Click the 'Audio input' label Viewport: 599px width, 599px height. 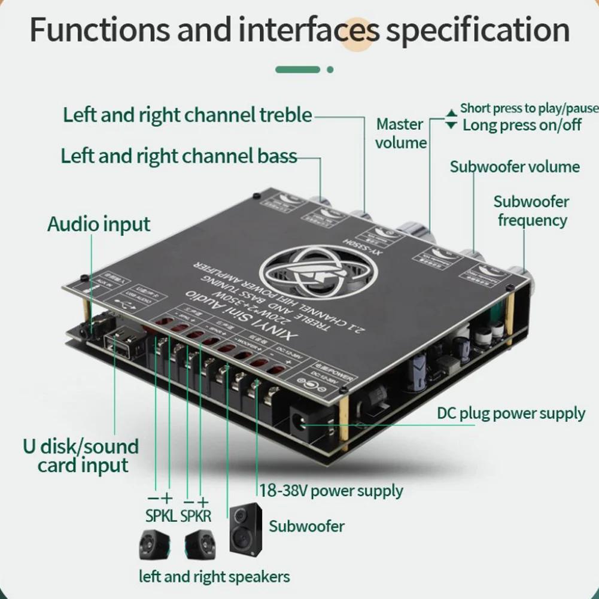99,225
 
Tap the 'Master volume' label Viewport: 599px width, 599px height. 401,133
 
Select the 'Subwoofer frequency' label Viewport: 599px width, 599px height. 532,211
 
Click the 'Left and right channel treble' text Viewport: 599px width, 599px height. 187,114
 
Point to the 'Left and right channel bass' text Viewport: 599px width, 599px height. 179,156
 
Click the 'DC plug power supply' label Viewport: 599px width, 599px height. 511,413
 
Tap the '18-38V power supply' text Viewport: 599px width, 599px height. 331,491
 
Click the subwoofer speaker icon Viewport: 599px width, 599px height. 246,528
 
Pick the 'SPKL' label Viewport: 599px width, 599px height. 161,515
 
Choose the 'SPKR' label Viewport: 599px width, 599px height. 196,515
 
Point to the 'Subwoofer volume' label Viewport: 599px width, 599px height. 515,167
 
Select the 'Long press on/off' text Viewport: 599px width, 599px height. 522,125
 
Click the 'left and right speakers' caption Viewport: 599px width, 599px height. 214,577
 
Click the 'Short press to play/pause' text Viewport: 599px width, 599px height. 529,108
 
